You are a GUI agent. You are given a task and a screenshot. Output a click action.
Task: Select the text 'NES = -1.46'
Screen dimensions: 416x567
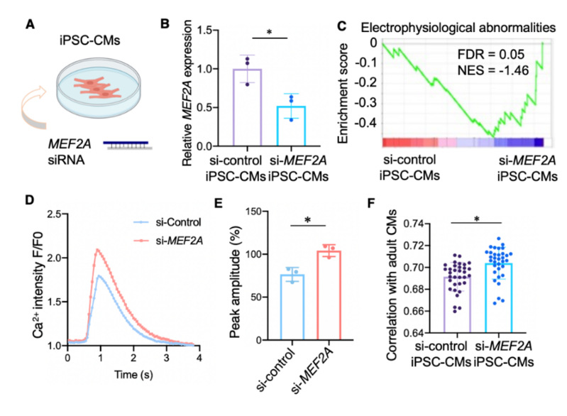click(x=491, y=72)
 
